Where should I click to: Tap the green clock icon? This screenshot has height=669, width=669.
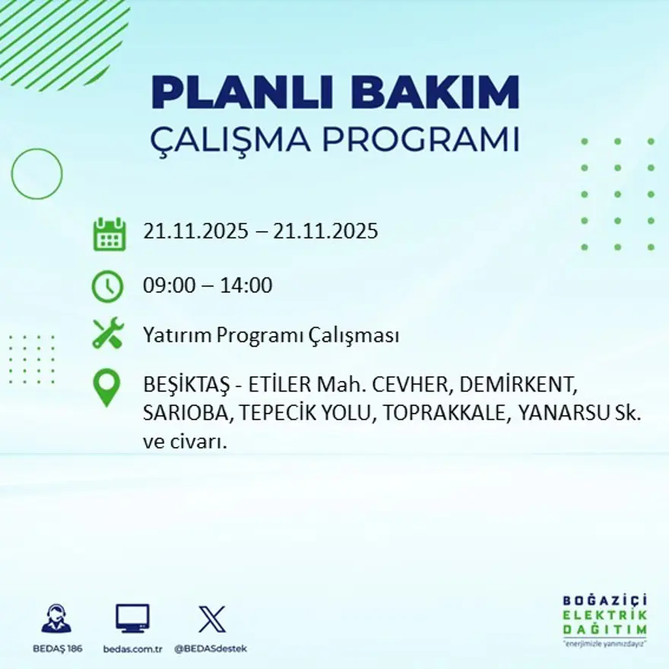(x=107, y=287)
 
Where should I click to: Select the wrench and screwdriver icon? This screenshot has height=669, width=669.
(x=108, y=334)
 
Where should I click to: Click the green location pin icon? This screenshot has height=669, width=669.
(x=107, y=387)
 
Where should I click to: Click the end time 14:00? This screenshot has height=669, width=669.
(x=246, y=287)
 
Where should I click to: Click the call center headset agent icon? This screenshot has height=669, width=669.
(x=56, y=619)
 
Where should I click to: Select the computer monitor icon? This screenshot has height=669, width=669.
(x=132, y=619)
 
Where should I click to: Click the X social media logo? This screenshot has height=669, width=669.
(x=211, y=619)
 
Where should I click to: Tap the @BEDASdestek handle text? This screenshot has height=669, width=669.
(x=211, y=648)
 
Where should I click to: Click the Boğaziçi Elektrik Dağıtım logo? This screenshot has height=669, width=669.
(x=605, y=620)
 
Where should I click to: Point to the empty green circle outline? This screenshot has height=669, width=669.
(x=36, y=174)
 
